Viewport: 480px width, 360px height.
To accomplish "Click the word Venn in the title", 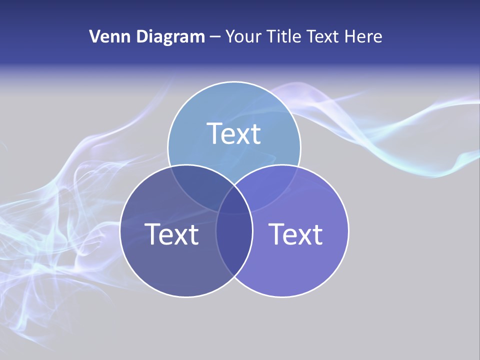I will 106,36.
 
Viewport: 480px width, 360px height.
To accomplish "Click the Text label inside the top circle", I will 234,133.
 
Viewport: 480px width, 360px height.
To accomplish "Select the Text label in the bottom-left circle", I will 171,234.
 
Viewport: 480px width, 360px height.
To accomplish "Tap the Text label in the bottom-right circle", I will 296,234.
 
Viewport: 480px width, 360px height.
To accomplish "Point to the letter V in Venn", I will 94,36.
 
